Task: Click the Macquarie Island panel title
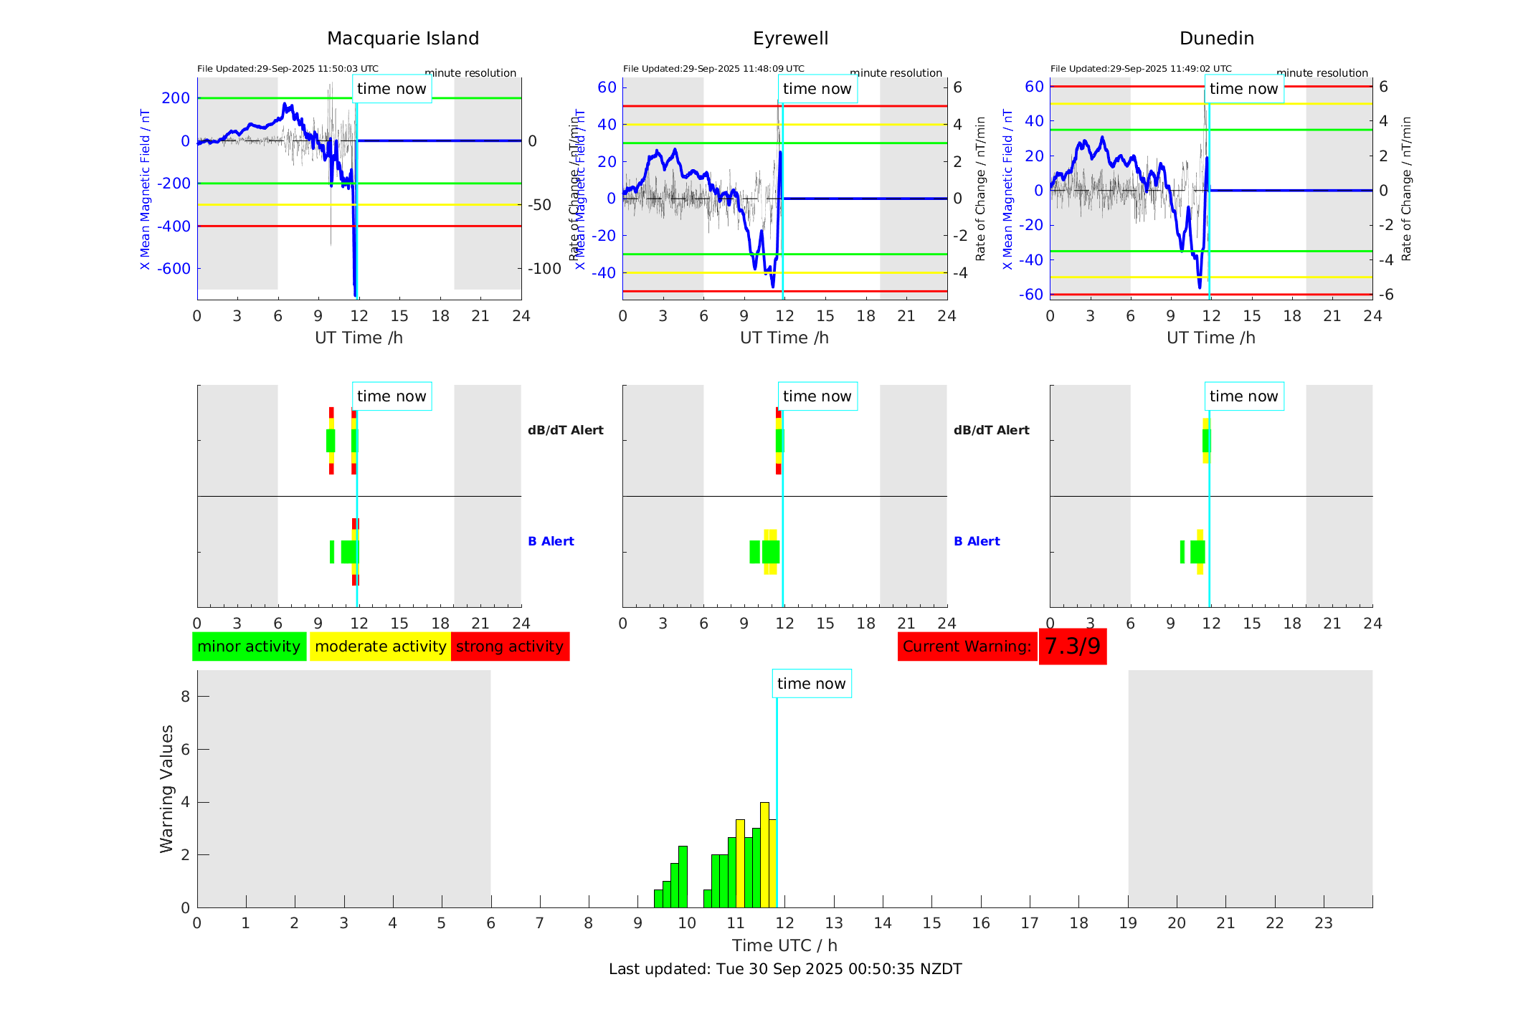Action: pos(403,39)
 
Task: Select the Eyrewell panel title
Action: pos(790,39)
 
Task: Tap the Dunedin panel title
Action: pos(1216,39)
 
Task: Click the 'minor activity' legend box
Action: pos(249,647)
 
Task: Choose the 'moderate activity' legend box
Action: pos(380,647)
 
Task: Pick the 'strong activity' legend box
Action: pos(510,647)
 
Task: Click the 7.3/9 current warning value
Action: pos(1072,647)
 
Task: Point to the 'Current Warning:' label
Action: pos(967,647)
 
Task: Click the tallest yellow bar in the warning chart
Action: pos(764,853)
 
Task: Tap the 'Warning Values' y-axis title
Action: pos(167,788)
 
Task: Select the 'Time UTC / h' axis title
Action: pos(784,945)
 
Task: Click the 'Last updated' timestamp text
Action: pos(784,969)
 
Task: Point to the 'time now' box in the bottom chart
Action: pos(811,684)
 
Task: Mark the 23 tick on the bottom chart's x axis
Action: pos(1323,923)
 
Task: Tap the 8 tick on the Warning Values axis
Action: pos(185,696)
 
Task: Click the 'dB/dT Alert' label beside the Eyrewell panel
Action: pos(991,430)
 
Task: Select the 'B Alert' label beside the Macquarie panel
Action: pos(551,541)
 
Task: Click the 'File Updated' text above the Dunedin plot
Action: pos(1140,69)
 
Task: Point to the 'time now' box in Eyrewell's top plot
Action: pos(817,89)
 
